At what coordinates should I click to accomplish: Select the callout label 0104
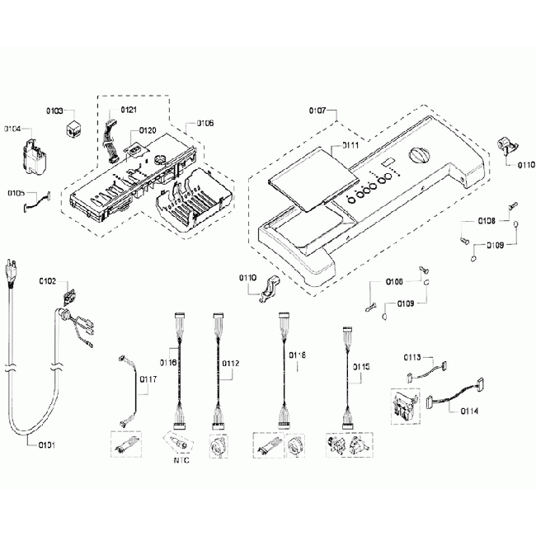[14, 129]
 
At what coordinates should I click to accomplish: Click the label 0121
[130, 110]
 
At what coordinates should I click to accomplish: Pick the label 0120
[148, 130]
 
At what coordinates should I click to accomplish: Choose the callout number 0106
[205, 123]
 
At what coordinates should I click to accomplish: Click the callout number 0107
[318, 110]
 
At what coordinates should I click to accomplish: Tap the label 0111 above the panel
[349, 145]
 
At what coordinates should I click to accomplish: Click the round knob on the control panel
[419, 156]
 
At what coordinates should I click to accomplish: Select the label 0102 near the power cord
[48, 281]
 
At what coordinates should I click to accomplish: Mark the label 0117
[148, 379]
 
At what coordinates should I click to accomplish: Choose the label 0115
[360, 366]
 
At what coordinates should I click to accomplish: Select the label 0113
[412, 357]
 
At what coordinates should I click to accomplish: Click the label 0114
[471, 411]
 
